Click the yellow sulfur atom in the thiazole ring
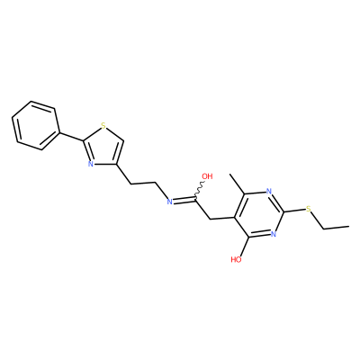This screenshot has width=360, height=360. [x=103, y=125]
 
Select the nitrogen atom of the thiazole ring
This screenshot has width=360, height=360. [x=90, y=164]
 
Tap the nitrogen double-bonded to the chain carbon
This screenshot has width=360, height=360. [x=169, y=202]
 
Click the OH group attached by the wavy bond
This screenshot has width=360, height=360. [x=207, y=176]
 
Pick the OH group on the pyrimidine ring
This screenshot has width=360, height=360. [x=237, y=259]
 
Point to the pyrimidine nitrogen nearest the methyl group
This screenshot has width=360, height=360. [x=268, y=191]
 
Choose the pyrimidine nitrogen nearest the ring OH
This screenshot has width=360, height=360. [x=273, y=234]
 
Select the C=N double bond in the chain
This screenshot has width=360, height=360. [x=184, y=200]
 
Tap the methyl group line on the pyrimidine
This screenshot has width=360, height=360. [x=238, y=184]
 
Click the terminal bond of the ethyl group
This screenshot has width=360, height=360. [x=336, y=228]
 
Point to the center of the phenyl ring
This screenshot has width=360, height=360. [x=34, y=125]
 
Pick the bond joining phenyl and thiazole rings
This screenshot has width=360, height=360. [x=69, y=137]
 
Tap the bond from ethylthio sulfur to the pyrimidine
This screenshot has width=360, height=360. [x=294, y=211]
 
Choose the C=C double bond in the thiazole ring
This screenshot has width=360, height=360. [x=119, y=152]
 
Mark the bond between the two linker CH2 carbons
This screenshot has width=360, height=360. [x=144, y=183]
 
